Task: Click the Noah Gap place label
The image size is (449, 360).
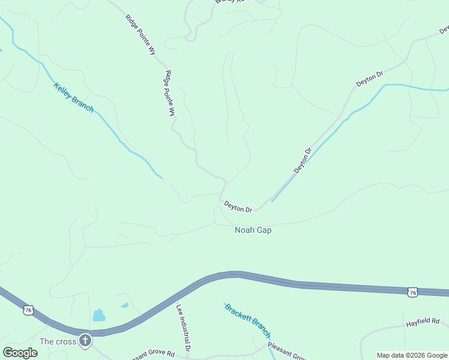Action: point(253,230)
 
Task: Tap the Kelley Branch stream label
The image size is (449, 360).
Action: point(74,97)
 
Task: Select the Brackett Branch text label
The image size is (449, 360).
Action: point(248,321)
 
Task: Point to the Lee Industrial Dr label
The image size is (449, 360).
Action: point(183,326)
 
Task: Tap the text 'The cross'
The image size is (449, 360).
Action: point(58,341)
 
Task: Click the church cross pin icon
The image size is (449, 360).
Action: point(85,341)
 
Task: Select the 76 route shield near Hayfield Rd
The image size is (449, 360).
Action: point(411,292)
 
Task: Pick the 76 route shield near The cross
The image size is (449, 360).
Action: point(28,310)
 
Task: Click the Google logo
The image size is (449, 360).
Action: point(20,353)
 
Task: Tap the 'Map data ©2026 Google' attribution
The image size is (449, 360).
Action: point(412,355)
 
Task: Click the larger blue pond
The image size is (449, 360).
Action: point(98,315)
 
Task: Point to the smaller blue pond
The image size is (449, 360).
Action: point(124,305)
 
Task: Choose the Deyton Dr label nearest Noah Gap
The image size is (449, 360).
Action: point(238,206)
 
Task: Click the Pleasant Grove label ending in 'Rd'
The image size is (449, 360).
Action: point(153,354)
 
